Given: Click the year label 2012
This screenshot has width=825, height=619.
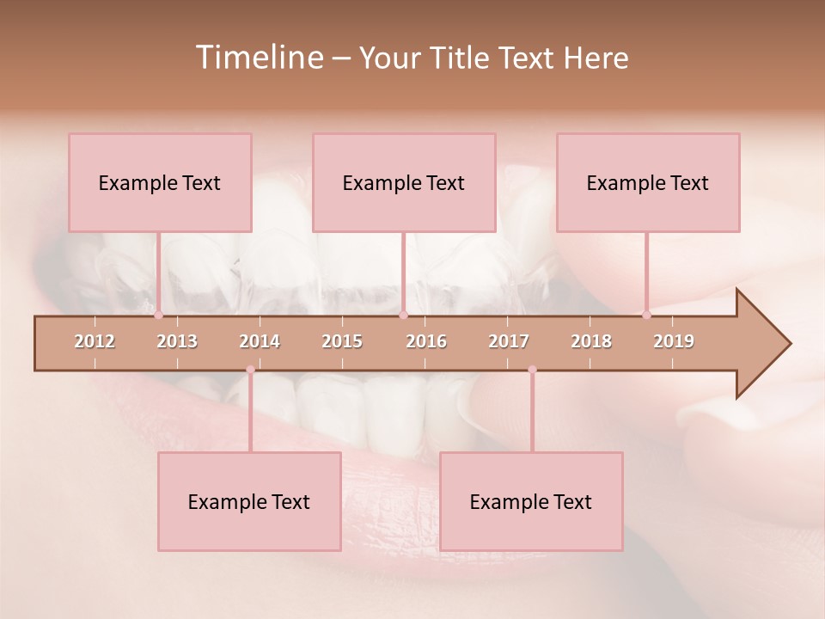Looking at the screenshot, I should pyautogui.click(x=95, y=341).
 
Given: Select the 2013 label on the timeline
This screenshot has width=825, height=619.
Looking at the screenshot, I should pyautogui.click(x=177, y=341).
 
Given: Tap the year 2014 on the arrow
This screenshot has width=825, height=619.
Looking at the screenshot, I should pyautogui.click(x=260, y=341).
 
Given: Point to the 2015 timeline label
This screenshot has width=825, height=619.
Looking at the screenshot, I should pyautogui.click(x=342, y=341).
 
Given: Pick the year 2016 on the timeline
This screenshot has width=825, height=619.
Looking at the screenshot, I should pyautogui.click(x=426, y=341).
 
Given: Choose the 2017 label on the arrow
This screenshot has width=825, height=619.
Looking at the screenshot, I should pyautogui.click(x=509, y=341).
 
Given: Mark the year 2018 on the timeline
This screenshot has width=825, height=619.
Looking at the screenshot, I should pyautogui.click(x=591, y=341).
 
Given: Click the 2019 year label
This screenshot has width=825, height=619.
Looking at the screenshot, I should pyautogui.click(x=674, y=341).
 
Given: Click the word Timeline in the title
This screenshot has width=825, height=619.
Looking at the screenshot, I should pyautogui.click(x=258, y=58).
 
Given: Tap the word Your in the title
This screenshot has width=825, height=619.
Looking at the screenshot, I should pyautogui.click(x=385, y=58).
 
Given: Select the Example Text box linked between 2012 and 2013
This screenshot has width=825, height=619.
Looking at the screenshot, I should pyautogui.click(x=160, y=182).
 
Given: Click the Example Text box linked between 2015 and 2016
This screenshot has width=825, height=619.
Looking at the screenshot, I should pyautogui.click(x=404, y=182).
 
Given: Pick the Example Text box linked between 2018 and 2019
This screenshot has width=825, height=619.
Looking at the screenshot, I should pyautogui.click(x=648, y=182).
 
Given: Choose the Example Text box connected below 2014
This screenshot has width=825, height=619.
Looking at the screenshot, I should pyautogui.click(x=249, y=501).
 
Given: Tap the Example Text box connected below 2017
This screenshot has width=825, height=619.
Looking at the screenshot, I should pyautogui.click(x=531, y=501).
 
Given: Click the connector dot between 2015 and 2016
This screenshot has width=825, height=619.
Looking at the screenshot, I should pyautogui.click(x=403, y=316).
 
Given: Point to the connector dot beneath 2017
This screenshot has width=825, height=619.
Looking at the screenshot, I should pyautogui.click(x=532, y=370).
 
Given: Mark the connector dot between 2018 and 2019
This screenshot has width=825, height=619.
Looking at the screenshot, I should pyautogui.click(x=646, y=315).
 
